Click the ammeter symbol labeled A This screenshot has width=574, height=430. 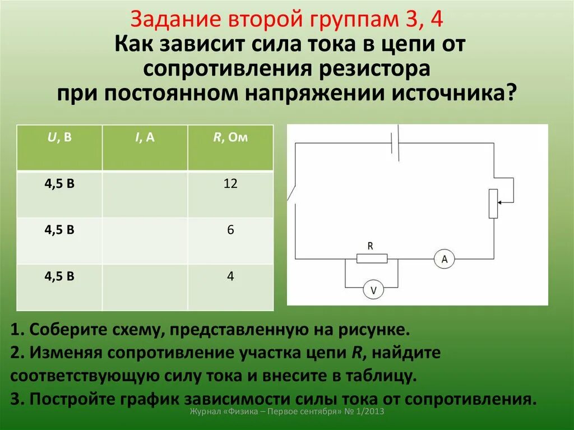point(445,259)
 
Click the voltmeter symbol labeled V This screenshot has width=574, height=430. point(372,290)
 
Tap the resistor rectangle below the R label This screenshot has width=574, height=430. point(372,258)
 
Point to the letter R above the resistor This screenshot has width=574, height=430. point(370,246)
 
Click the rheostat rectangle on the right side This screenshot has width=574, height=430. point(493,204)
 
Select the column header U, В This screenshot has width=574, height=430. point(59,138)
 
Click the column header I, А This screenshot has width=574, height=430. point(144,138)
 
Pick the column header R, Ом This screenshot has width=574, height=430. point(230,138)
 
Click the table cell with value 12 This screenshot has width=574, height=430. point(230,184)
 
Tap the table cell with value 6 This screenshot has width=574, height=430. point(230,230)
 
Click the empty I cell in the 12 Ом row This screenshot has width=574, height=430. point(145,194)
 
